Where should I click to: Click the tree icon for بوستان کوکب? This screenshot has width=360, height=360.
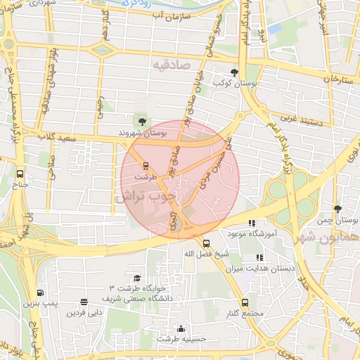[x=234, y=72]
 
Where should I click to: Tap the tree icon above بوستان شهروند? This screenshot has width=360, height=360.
[x=143, y=122]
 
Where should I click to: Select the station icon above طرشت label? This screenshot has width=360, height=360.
[x=146, y=167]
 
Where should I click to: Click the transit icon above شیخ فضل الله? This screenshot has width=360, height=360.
[x=205, y=243]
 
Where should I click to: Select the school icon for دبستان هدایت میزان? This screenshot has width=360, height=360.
[x=260, y=257]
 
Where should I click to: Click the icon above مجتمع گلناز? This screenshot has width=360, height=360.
[x=245, y=302]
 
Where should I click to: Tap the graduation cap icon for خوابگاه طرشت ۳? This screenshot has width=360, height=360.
[x=136, y=278]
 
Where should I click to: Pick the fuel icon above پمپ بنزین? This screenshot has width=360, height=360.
[x=39, y=293]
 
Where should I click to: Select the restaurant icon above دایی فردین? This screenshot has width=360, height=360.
[x=84, y=302]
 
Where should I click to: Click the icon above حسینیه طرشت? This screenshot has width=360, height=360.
[x=181, y=328]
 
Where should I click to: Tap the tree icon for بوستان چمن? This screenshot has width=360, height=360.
[x=338, y=209]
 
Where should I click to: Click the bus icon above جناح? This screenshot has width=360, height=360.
[x=19, y=173]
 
